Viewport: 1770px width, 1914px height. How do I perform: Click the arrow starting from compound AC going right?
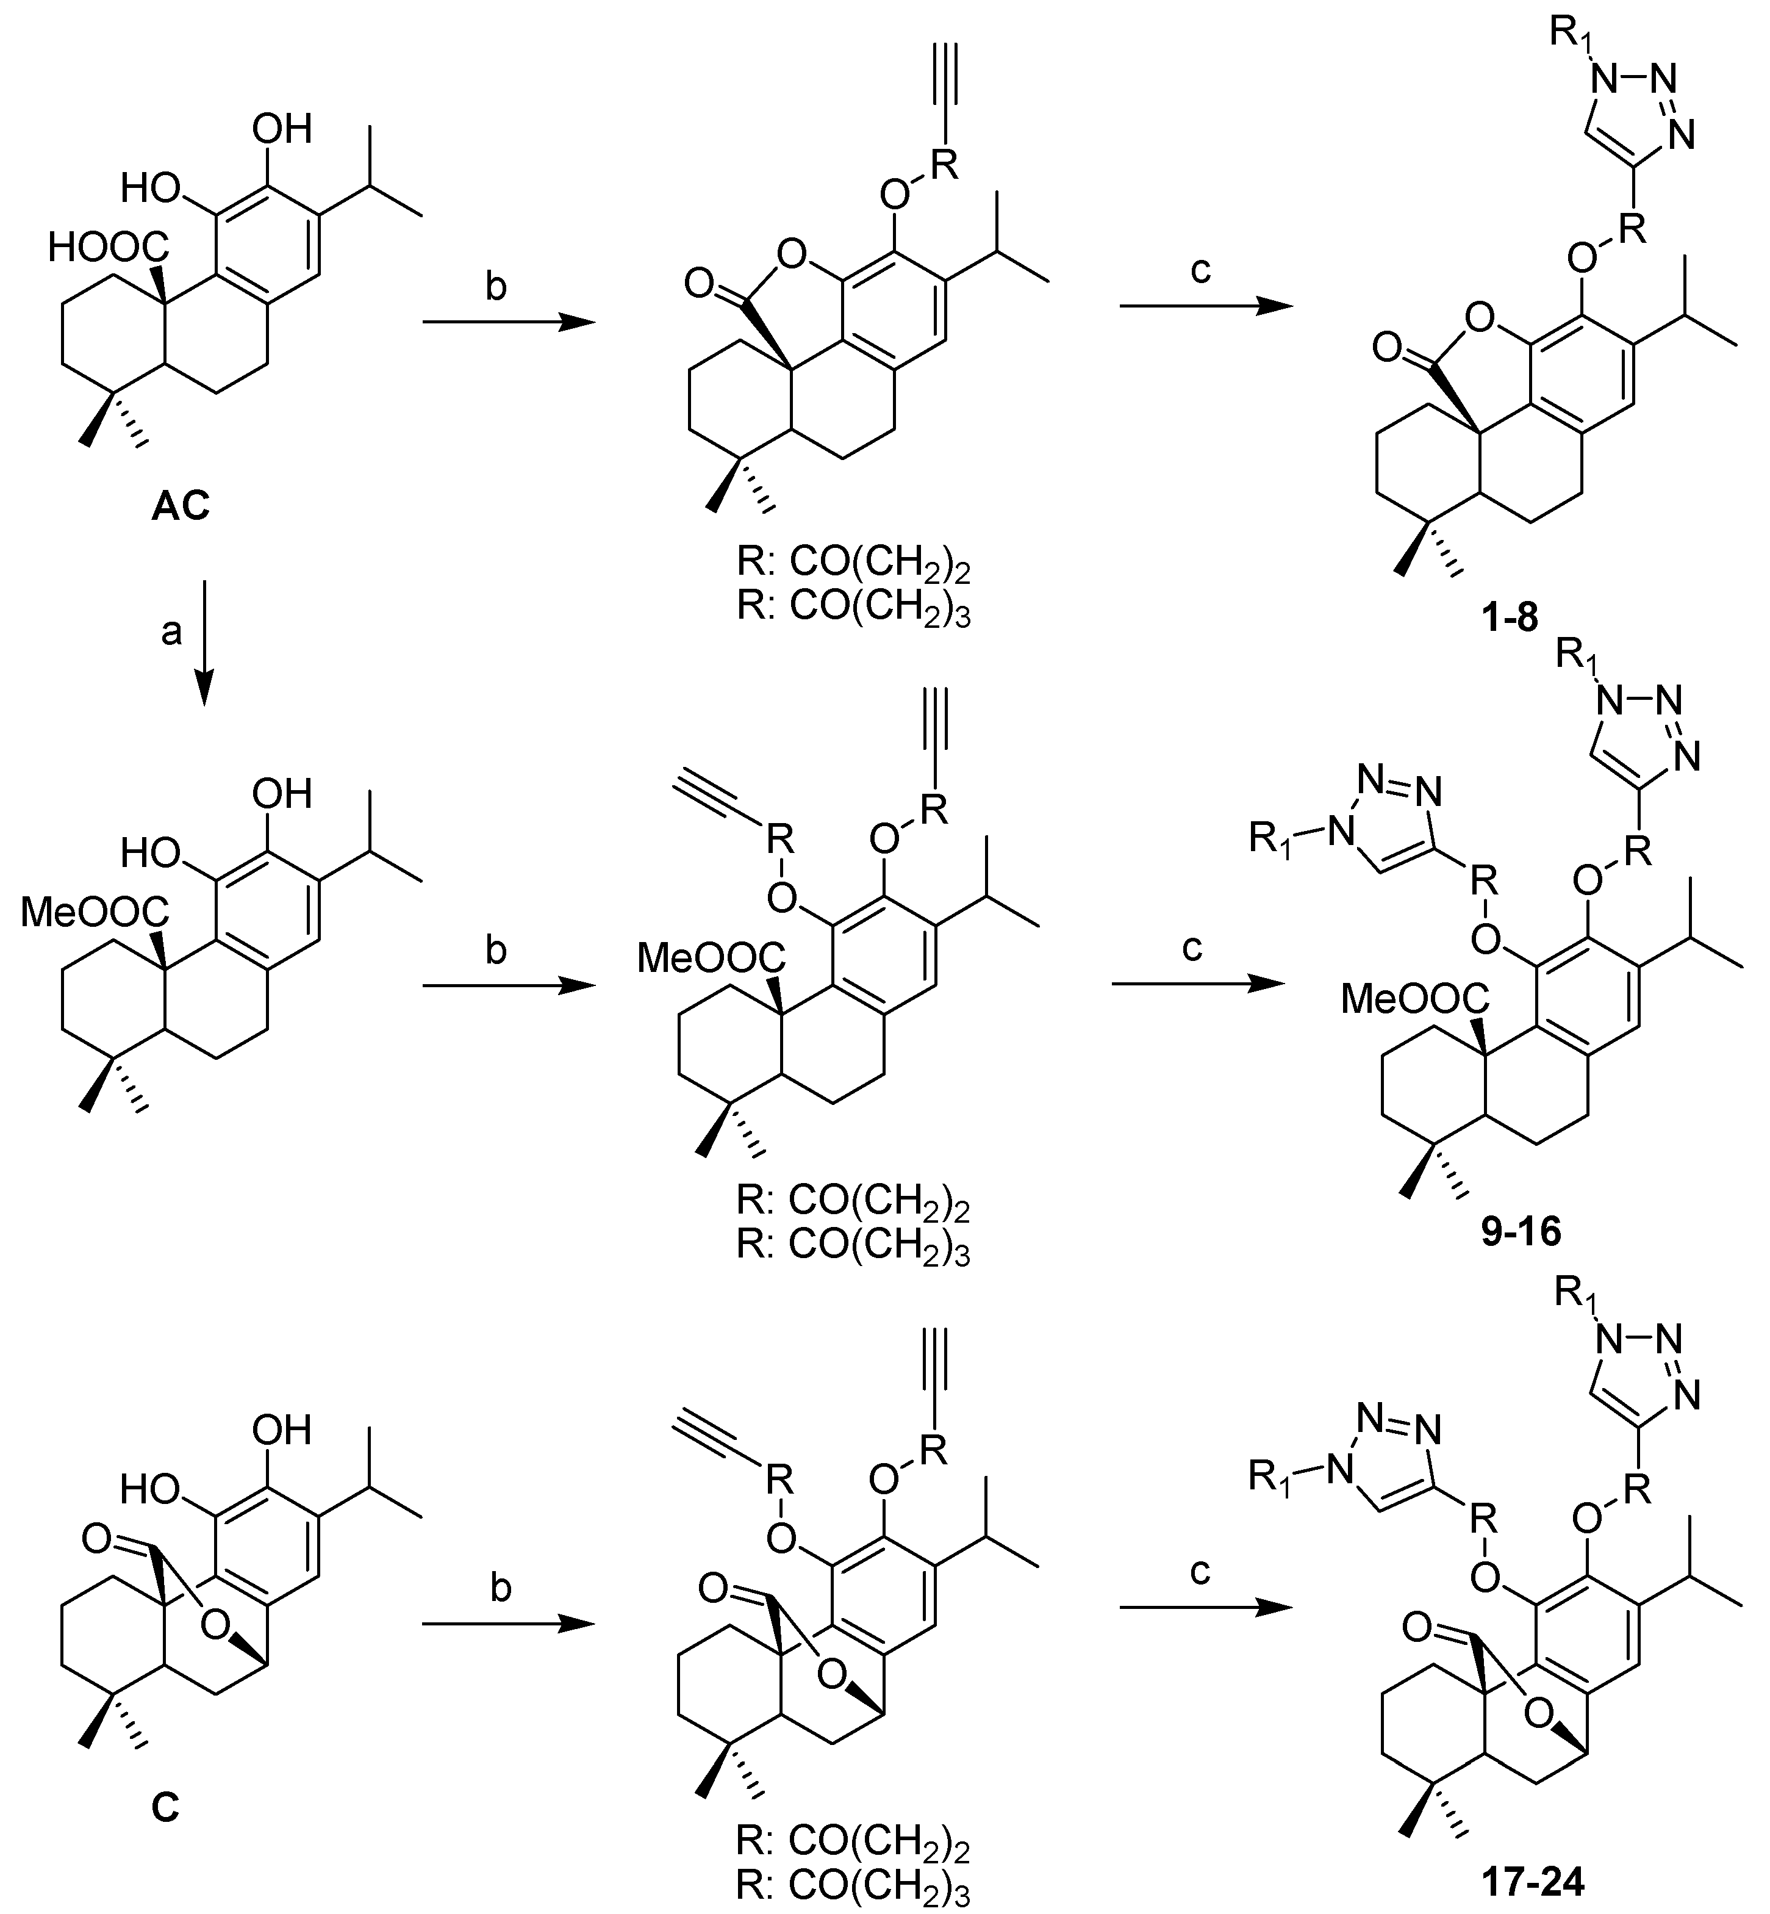pos(507,323)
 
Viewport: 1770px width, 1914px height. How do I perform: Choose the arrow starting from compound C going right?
pos(507,1624)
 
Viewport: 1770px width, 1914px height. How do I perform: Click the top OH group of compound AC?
pos(282,128)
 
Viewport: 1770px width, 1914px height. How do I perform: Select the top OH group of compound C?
pos(282,1430)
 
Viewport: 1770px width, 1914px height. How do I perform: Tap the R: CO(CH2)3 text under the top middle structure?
pos(853,610)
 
